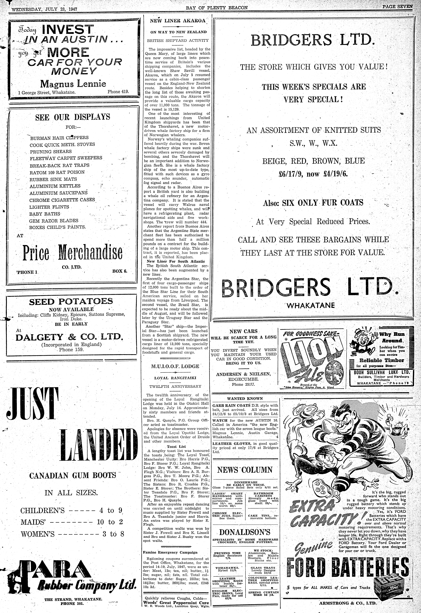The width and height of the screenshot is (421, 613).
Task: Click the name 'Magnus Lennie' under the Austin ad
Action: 73,84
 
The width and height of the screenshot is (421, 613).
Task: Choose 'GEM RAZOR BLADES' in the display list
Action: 54,221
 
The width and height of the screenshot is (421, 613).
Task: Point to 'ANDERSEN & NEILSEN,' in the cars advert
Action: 243,374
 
